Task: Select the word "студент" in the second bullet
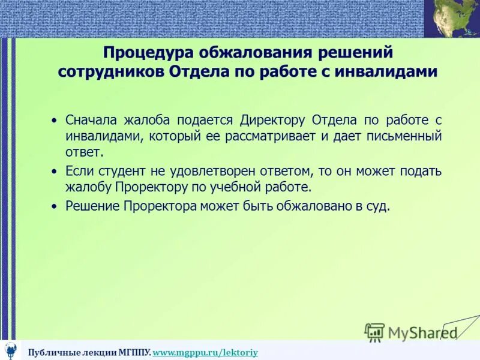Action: [116, 171]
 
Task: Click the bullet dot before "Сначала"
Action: [55, 120]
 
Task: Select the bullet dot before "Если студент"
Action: [55, 172]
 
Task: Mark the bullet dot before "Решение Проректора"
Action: [55, 206]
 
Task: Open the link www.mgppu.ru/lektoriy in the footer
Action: [205, 352]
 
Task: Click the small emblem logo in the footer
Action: [11, 350]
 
